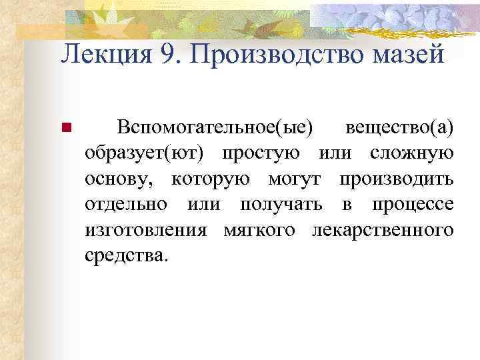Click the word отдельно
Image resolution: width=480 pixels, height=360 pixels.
126,203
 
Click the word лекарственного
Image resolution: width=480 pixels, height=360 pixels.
382,229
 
